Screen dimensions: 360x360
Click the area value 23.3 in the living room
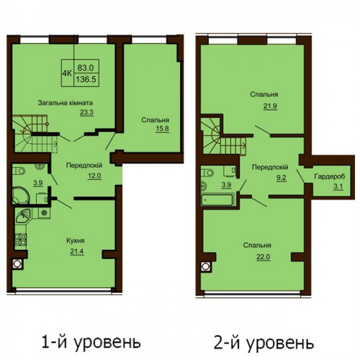[86, 112]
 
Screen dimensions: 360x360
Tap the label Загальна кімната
[66, 103]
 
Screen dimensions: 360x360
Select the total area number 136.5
[86, 79]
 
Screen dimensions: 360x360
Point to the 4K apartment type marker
[67, 73]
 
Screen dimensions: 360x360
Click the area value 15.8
[162, 128]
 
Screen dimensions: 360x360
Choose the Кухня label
[76, 240]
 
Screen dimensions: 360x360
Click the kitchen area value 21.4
[77, 251]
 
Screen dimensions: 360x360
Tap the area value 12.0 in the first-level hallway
[94, 176]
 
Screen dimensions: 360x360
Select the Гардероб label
[330, 176]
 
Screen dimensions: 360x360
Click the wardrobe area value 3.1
[338, 186]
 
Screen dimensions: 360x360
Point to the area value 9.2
[281, 178]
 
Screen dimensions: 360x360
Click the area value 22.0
[264, 256]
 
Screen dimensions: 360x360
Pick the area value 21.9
[270, 106]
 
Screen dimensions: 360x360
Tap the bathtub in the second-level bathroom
[217, 199]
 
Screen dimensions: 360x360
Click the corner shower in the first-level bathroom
[21, 195]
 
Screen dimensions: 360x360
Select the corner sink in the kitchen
[23, 215]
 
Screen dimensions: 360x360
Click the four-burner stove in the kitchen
[21, 240]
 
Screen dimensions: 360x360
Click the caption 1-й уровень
[91, 341]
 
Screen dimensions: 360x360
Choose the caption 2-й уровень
[264, 343]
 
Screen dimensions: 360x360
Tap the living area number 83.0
[86, 68]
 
